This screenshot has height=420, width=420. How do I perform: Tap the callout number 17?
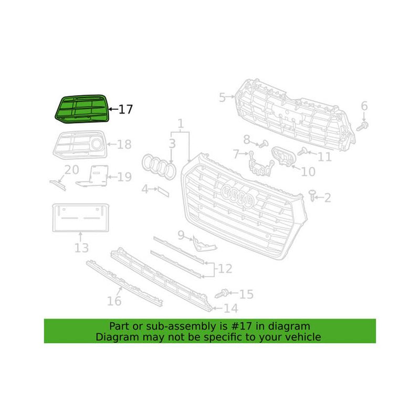[125, 110]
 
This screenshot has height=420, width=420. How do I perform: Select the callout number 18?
[124, 144]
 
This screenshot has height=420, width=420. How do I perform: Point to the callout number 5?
[222, 97]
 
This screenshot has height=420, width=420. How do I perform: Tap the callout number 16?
[114, 301]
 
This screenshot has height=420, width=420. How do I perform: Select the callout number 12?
[225, 269]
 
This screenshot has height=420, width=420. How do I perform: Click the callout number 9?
[181, 236]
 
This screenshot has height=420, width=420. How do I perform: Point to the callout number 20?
[71, 170]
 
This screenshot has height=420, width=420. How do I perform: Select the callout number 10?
[308, 171]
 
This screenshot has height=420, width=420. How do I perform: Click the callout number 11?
[324, 156]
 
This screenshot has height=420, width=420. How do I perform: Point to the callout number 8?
[246, 139]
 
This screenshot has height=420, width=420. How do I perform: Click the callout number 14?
[231, 308]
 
